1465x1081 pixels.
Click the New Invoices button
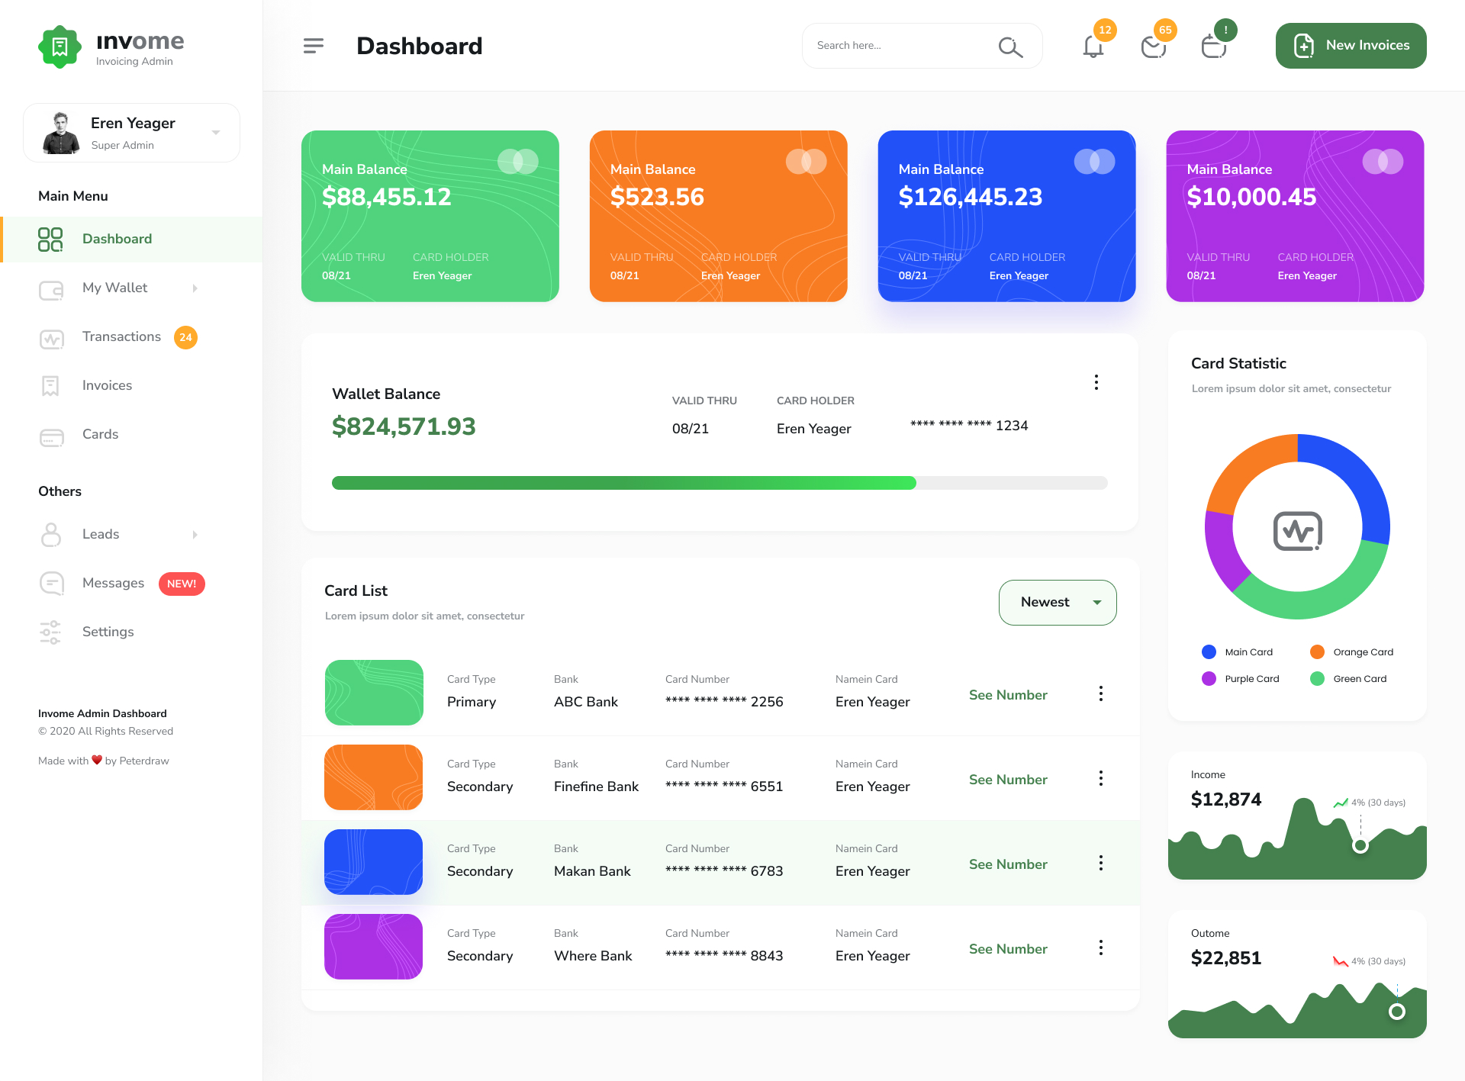(1351, 46)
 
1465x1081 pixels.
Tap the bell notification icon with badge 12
(1093, 47)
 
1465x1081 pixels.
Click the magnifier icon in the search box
(1009, 47)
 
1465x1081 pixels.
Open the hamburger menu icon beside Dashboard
(314, 46)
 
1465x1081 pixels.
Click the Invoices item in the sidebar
(107, 385)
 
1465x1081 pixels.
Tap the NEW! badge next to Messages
(182, 584)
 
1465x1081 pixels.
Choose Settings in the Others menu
(108, 632)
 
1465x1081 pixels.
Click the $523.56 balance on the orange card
(657, 197)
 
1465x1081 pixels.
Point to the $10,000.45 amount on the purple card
(1251, 197)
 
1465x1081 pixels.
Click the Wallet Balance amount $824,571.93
(404, 426)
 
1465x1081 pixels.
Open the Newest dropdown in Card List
(1058, 603)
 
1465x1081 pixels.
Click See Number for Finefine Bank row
(1008, 780)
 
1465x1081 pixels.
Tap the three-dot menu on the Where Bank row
(1100, 947)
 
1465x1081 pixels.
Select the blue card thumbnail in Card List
(373, 862)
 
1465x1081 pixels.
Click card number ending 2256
(724, 702)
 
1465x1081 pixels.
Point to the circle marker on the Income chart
(1360, 845)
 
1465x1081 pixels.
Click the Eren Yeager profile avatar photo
(61, 134)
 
